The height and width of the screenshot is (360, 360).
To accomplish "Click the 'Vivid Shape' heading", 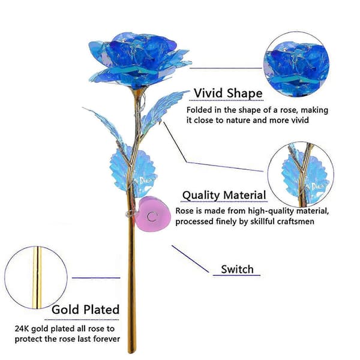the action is click(x=228, y=94).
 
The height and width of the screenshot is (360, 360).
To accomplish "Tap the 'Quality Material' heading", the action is click(x=224, y=196).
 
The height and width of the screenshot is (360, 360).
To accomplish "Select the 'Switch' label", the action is click(x=237, y=269).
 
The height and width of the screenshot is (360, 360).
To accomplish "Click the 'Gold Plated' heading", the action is click(x=85, y=310).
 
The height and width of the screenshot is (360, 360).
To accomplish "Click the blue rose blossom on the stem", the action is click(x=140, y=59).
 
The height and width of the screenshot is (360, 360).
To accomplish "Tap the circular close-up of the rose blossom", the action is click(x=296, y=64).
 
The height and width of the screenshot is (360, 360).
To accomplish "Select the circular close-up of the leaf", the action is click(x=301, y=175).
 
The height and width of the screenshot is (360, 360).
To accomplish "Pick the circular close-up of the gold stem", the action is click(x=36, y=278).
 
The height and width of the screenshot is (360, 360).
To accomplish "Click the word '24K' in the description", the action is click(x=22, y=329).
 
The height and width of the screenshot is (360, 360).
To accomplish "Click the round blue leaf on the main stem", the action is click(x=133, y=172).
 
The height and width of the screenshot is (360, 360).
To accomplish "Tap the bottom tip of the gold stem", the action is click(x=132, y=352).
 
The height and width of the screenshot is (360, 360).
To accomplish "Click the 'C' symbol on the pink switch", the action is click(x=152, y=217).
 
